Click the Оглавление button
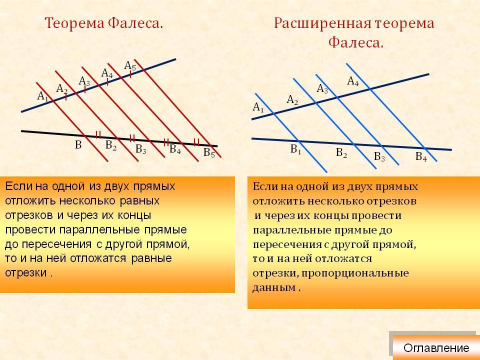[436, 348]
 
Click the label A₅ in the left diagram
[130, 65]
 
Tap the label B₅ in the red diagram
[209, 152]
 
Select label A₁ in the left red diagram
[42, 96]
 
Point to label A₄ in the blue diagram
[353, 81]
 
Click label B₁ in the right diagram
[295, 149]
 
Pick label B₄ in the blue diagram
[421, 156]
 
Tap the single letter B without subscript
[78, 145]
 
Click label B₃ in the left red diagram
[141, 149]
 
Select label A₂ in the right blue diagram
[292, 100]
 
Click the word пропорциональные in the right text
[355, 273]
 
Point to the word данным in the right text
[274, 288]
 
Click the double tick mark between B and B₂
[98, 134]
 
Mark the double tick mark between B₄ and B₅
[196, 142]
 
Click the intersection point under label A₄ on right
[370, 89]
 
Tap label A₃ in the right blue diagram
[322, 89]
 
